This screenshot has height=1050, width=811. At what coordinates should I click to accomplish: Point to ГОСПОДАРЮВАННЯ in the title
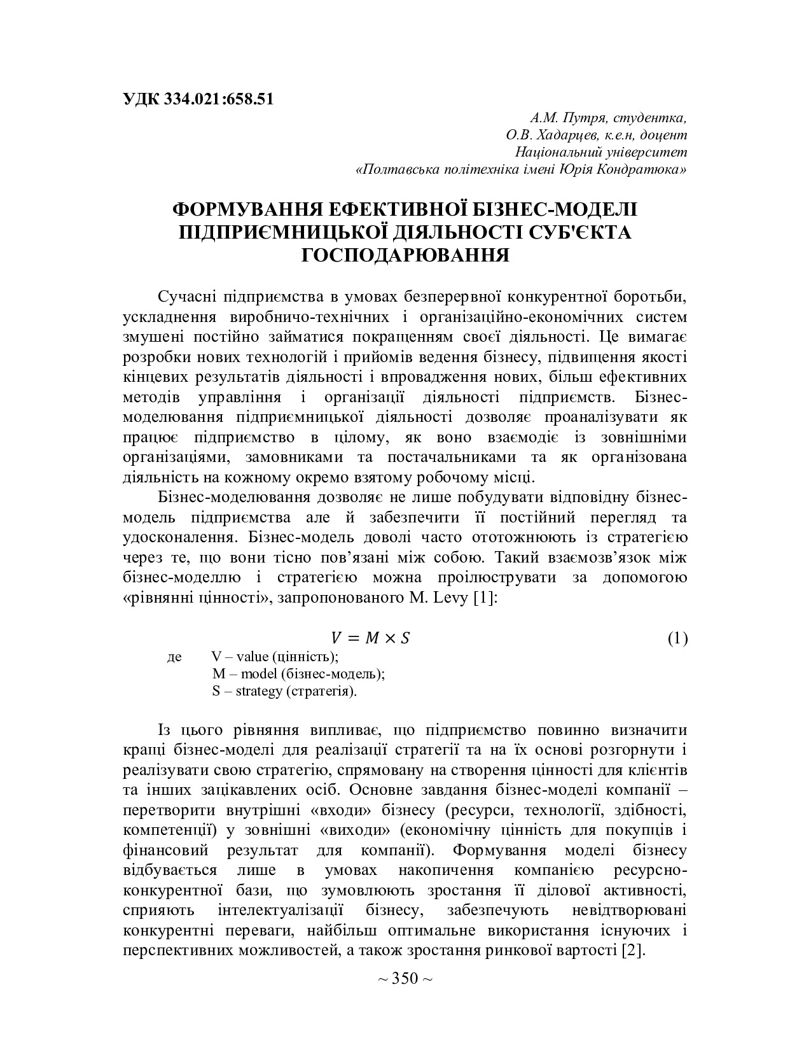405,255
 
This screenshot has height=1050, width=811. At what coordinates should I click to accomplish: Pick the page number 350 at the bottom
405,977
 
